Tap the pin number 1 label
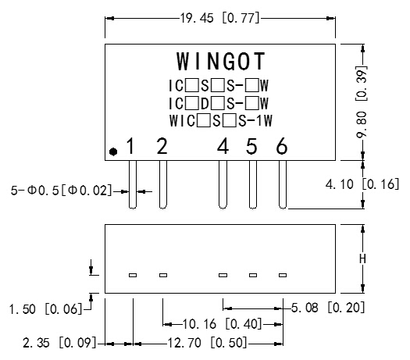[131, 146]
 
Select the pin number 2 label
[162, 146]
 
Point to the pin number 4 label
[223, 146]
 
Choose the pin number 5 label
[251, 146]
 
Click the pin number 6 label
[282, 146]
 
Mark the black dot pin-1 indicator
[113, 151]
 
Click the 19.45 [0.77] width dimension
[222, 17]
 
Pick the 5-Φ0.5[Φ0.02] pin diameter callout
[61, 190]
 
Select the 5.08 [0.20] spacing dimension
[327, 308]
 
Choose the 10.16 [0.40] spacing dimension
[223, 323]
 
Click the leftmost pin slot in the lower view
[133, 275]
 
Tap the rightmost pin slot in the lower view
[283, 275]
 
